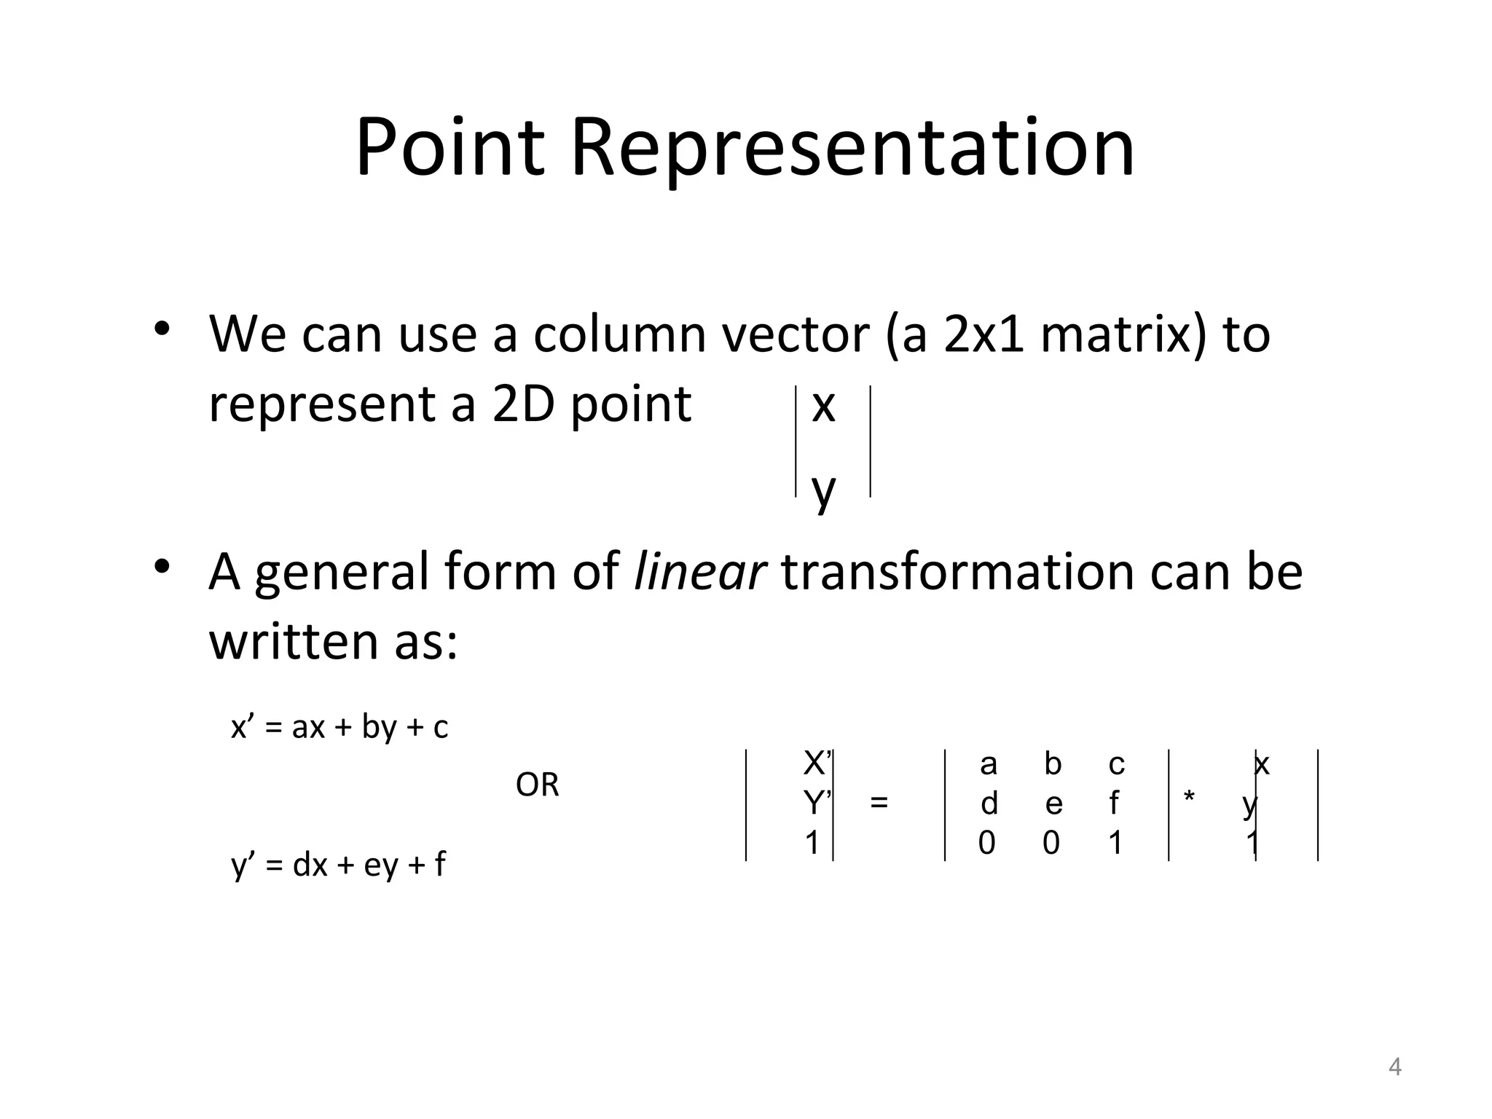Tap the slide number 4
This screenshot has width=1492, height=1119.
click(1394, 1067)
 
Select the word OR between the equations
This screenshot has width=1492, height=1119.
click(537, 785)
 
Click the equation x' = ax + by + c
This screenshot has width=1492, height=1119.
click(339, 727)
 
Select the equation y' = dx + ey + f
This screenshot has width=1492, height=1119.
click(339, 865)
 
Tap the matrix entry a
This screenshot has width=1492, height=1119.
click(988, 764)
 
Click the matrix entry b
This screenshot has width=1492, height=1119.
click(1053, 764)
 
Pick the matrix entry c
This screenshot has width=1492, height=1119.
click(1116, 764)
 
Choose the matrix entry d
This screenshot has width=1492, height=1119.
click(989, 804)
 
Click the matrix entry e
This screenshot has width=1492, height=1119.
click(1053, 804)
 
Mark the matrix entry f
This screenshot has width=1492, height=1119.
click(1114, 804)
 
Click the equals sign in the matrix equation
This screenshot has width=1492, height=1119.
click(879, 803)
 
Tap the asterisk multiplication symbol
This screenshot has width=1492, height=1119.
click(1189, 798)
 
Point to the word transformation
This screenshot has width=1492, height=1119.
click(957, 571)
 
